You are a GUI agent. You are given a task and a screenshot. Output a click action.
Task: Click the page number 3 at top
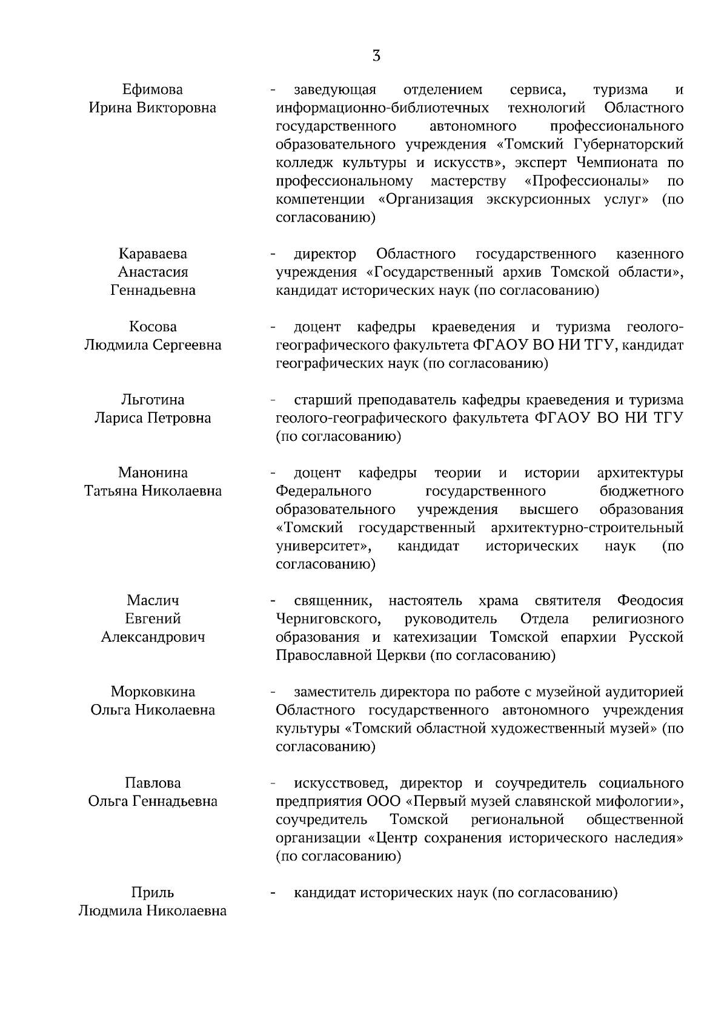tap(376, 56)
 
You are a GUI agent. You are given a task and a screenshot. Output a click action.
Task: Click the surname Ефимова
tap(152, 90)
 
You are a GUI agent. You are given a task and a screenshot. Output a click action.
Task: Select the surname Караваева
tap(153, 254)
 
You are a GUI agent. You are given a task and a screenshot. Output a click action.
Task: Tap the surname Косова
tap(153, 327)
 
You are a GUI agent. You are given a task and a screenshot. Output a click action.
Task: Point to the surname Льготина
tap(153, 400)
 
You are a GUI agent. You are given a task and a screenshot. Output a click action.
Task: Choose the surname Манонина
tap(153, 473)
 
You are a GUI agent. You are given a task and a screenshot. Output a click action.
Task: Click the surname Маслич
tap(153, 601)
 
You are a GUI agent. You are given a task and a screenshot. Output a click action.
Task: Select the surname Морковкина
tap(153, 692)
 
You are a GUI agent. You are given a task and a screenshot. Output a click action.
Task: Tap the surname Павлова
tap(153, 783)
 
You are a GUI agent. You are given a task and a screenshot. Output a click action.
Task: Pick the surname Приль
tap(153, 893)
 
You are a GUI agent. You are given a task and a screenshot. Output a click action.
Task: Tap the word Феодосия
tap(650, 601)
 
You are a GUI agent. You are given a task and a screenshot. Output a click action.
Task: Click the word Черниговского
tap(328, 619)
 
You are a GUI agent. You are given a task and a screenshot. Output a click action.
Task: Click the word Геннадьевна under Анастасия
tap(153, 291)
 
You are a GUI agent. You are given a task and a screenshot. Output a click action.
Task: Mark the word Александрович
tap(153, 638)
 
